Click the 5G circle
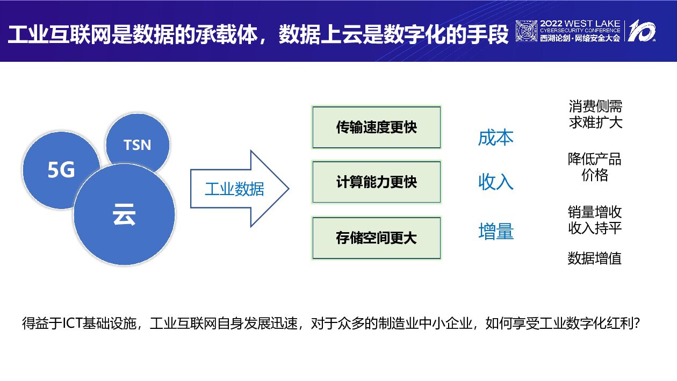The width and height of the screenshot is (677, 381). point(61,170)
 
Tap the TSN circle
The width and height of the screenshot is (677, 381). point(138,145)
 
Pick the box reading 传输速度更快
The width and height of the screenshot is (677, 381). point(376,127)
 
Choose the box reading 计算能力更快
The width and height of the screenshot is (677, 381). point(376,182)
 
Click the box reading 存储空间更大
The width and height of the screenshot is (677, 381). point(376,238)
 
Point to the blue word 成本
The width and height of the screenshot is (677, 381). point(495,138)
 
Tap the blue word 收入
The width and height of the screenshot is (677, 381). point(495,182)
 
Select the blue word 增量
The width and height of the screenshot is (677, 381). point(495,232)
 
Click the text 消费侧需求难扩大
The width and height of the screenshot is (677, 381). point(595,114)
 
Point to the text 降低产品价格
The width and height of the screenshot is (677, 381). point(594,167)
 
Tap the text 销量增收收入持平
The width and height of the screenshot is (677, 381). point(594,219)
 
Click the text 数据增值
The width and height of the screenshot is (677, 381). point(594,258)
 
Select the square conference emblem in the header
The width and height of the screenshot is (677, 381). point(526,31)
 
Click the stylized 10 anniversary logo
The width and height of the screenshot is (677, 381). point(642,31)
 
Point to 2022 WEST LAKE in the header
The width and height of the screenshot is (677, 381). point(580,24)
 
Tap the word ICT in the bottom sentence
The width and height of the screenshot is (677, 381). point(71,324)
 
